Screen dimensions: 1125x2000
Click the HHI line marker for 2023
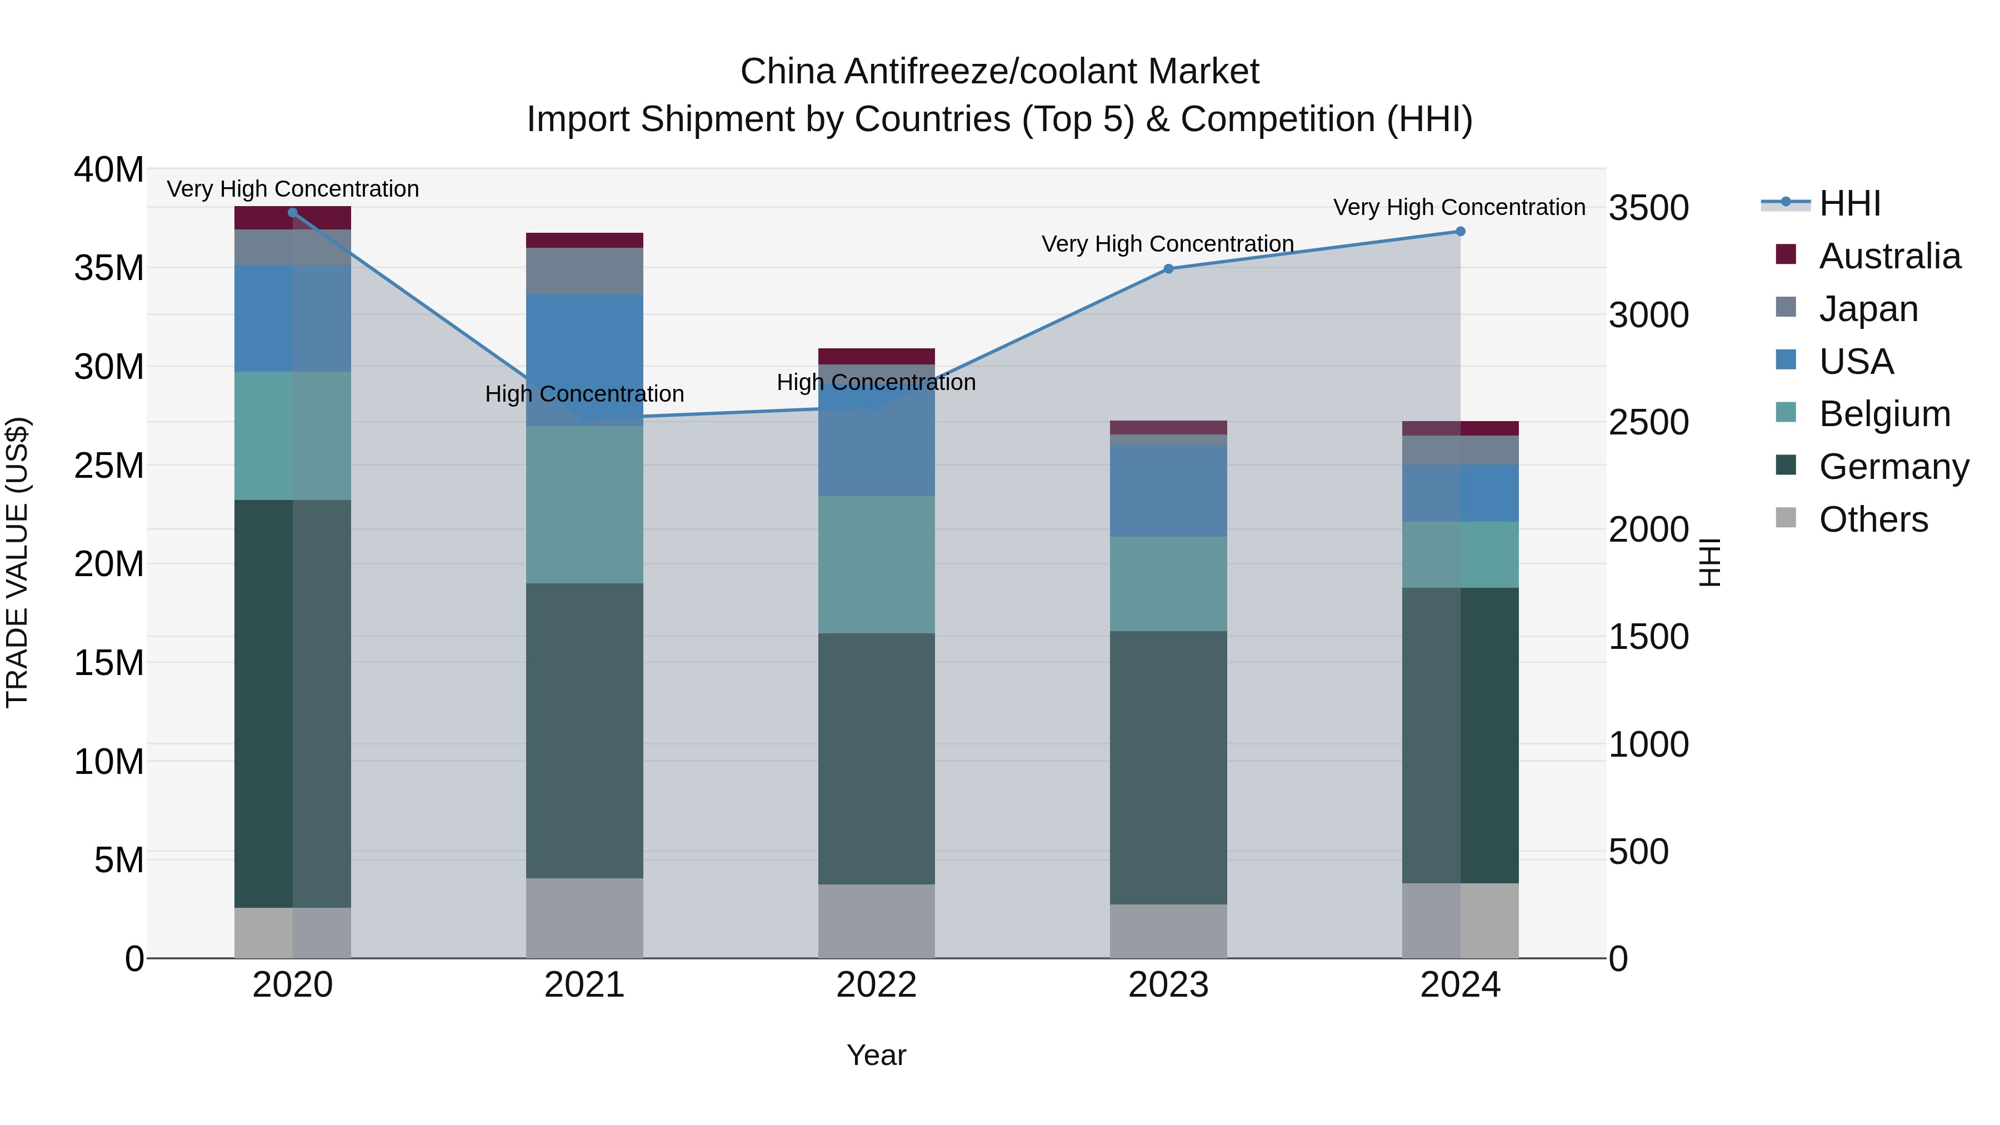1168,269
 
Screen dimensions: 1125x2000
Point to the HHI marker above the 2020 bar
293,213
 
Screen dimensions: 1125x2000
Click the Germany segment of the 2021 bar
584,730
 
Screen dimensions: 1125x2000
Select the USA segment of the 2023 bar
1168,491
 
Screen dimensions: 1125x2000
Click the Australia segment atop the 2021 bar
584,240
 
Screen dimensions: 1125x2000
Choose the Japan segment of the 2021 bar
584,271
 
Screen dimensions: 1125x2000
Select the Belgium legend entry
1884,414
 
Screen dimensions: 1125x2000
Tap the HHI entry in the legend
1849,203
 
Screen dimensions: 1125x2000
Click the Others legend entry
1873,519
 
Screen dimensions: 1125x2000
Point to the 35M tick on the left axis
109,268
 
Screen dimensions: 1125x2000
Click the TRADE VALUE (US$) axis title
17,562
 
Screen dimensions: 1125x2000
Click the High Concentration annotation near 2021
584,394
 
